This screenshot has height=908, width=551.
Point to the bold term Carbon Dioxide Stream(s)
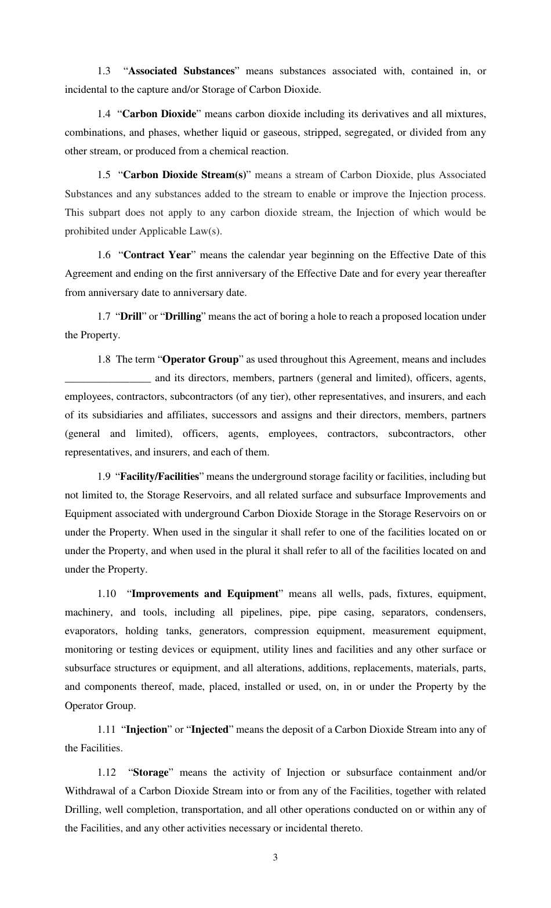click(185, 175)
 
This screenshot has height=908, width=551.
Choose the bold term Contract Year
click(160, 255)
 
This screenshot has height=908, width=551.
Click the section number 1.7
click(104, 316)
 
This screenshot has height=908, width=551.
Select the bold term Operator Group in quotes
click(202, 359)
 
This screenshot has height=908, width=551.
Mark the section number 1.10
click(107, 594)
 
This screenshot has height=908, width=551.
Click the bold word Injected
click(209, 729)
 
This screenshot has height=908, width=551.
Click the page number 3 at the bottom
click(275, 858)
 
